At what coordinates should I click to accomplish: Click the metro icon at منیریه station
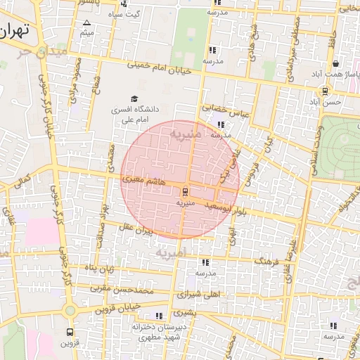click(x=186, y=191)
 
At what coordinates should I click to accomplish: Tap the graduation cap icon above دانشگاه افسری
click(x=134, y=98)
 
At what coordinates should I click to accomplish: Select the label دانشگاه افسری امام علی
click(x=134, y=115)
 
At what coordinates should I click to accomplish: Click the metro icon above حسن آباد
click(x=324, y=90)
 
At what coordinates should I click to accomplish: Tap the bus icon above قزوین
click(x=70, y=331)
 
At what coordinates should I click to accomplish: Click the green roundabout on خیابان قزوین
click(x=69, y=310)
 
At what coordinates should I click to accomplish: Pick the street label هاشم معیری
click(x=144, y=181)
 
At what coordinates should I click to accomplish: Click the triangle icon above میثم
click(x=87, y=23)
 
